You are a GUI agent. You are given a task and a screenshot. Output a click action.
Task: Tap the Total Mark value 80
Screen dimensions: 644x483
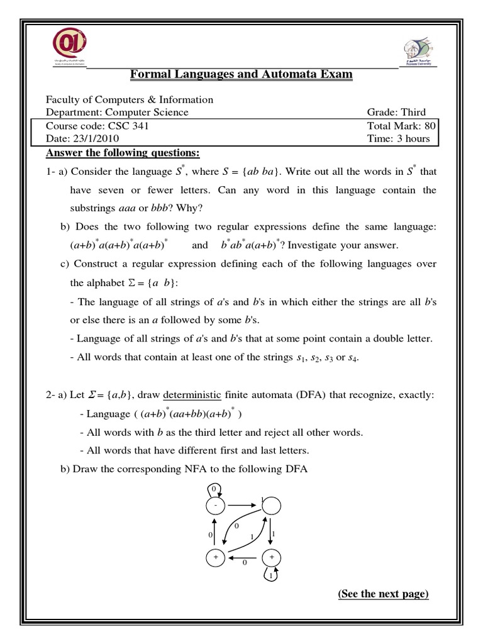[430, 126]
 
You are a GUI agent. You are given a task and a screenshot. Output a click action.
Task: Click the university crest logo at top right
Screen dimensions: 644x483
[417, 49]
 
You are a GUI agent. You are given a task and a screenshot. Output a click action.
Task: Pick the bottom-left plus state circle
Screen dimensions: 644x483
[215, 558]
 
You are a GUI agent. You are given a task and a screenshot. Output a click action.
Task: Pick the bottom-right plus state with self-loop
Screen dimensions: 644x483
[272, 558]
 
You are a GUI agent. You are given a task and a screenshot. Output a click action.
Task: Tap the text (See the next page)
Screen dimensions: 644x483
[383, 594]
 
